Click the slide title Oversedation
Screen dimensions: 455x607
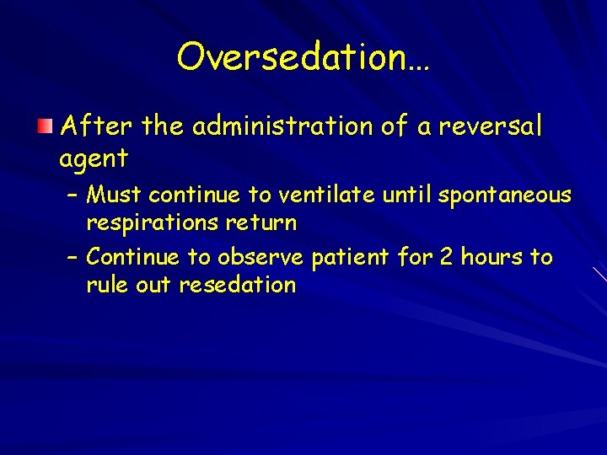click(x=303, y=57)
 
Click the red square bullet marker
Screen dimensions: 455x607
click(x=45, y=126)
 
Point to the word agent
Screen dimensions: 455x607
click(x=94, y=158)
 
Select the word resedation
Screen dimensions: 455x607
click(x=237, y=285)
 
